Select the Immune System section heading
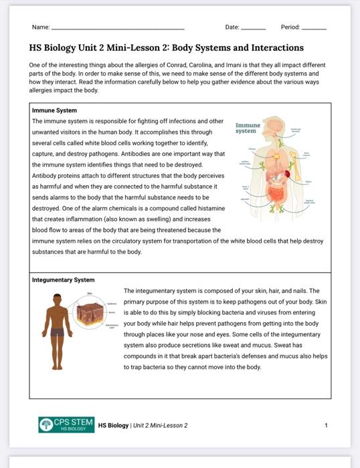tap(54, 110)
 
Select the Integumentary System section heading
tap(64, 280)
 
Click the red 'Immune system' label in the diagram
tap(248, 128)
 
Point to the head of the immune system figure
tap(276, 124)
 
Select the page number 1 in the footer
tap(326, 425)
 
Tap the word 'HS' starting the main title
tap(35, 48)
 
